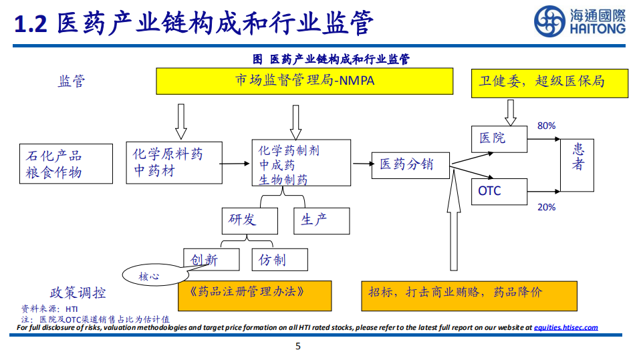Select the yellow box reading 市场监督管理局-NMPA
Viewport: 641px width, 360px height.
[x=305, y=81]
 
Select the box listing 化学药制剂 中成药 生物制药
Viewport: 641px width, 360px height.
[x=301, y=163]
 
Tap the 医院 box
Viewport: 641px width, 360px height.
[x=498, y=138]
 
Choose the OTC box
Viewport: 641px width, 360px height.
[x=498, y=191]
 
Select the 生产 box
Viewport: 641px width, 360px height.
[x=321, y=220]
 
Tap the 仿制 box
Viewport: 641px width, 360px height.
[x=280, y=260]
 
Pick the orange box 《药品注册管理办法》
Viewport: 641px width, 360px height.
[x=255, y=295]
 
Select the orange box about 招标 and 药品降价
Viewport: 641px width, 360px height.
[x=469, y=295]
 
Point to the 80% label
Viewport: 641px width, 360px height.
[x=546, y=126]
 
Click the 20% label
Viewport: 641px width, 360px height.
[x=546, y=207]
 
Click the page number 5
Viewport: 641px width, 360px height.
[x=298, y=346]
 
